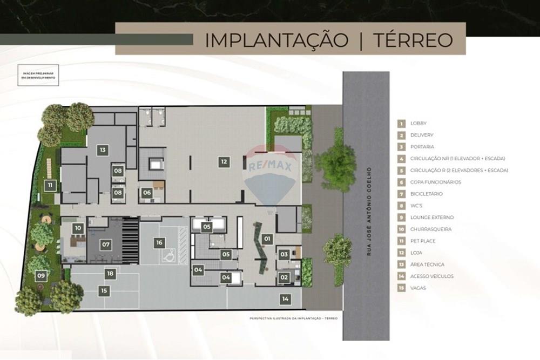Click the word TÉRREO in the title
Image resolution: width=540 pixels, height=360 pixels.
(410, 39)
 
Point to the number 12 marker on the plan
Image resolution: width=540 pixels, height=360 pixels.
(224, 160)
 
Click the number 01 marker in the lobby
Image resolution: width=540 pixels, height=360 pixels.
(267, 238)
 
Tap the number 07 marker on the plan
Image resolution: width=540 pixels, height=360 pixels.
(106, 244)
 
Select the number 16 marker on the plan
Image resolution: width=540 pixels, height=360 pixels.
(159, 242)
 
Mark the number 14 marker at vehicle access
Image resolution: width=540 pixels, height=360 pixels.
(285, 298)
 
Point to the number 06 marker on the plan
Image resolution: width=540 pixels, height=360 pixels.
(147, 192)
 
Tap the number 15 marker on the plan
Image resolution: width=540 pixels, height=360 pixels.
(104, 290)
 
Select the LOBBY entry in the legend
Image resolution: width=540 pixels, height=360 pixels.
(418, 124)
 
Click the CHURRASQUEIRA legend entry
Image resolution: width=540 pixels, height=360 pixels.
(431, 229)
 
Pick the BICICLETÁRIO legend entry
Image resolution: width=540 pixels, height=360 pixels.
(426, 194)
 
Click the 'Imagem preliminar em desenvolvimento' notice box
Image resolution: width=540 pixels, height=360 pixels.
(38, 75)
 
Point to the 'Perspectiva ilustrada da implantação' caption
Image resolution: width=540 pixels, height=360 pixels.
(293, 318)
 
